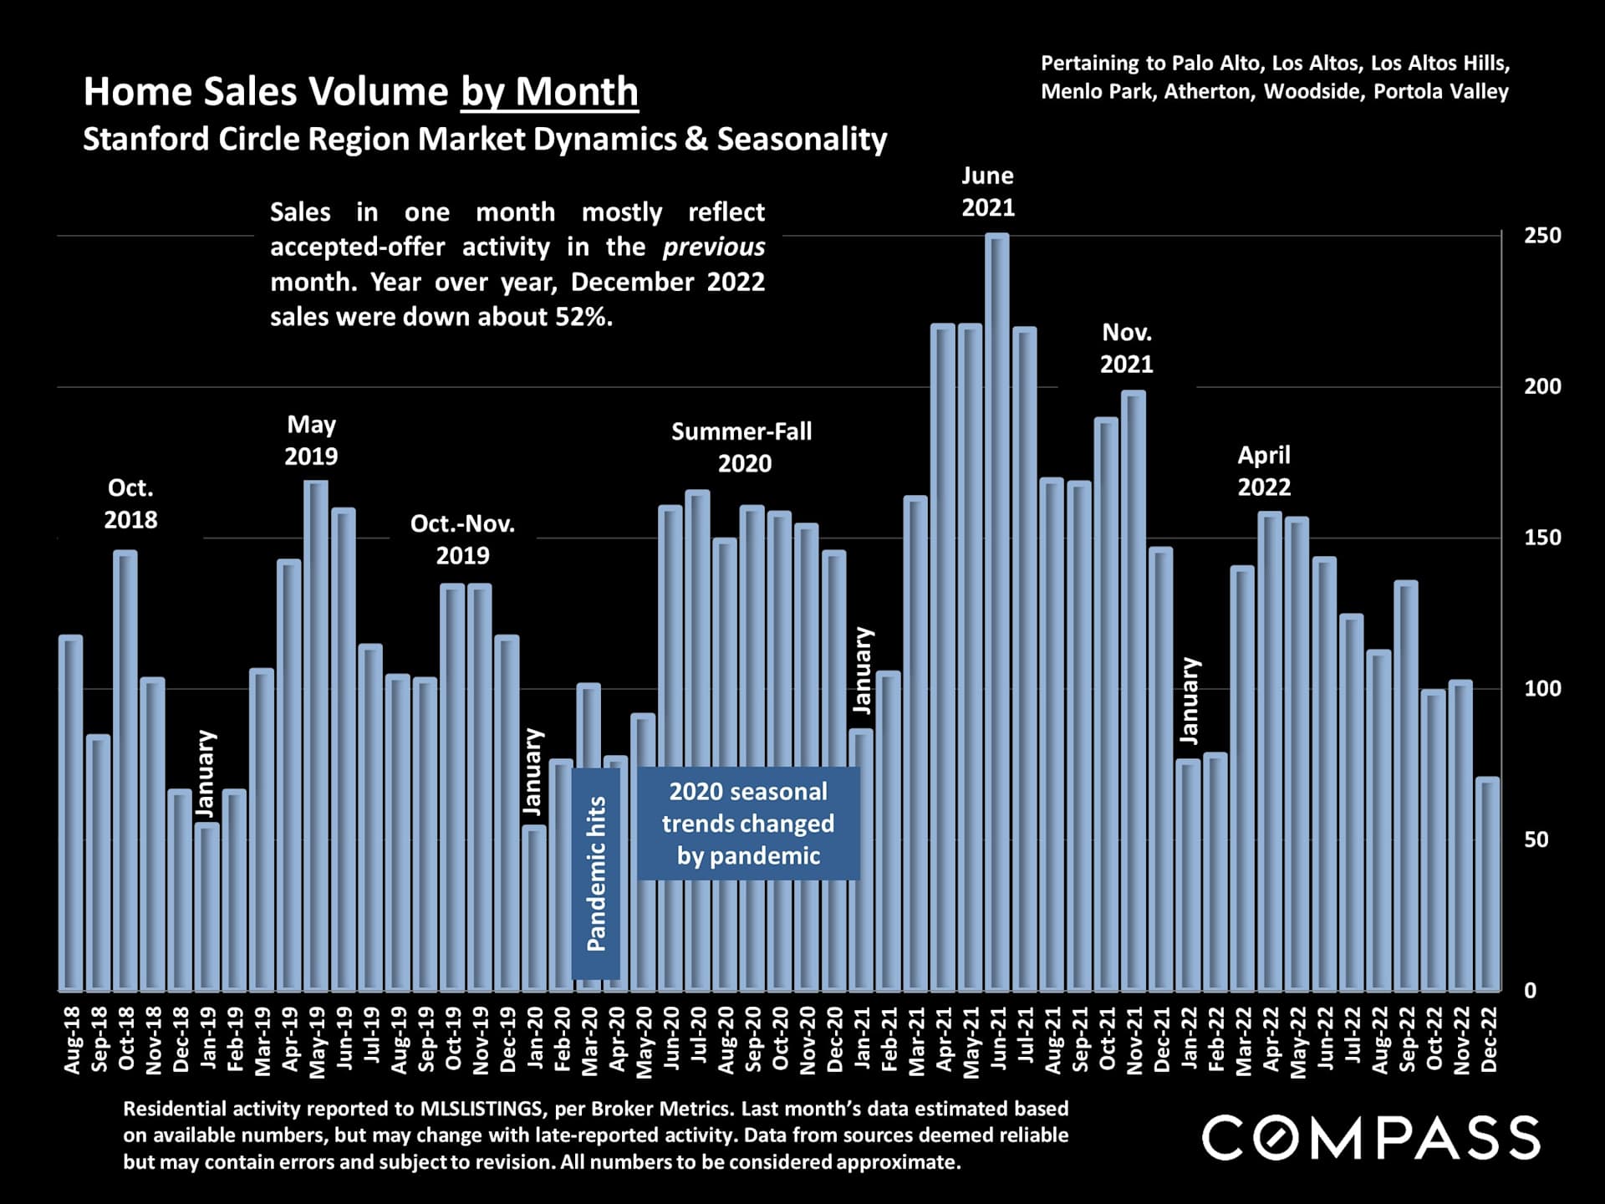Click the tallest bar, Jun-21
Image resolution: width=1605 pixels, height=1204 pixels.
(996, 610)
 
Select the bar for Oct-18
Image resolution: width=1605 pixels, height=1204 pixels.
(125, 769)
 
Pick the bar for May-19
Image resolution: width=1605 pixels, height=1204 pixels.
(316, 736)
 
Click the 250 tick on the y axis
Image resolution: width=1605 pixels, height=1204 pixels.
(1541, 236)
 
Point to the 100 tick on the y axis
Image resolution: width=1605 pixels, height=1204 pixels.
(1541, 689)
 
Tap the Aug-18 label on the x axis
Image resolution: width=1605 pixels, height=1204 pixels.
(73, 1039)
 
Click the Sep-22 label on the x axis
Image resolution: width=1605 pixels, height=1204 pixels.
(1407, 1039)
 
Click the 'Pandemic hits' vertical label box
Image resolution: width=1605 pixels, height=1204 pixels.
(596, 873)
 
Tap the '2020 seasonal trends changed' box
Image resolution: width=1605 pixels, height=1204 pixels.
(748, 824)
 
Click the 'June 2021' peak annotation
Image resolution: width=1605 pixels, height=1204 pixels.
(987, 191)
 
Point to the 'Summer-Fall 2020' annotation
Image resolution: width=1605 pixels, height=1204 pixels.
(742, 447)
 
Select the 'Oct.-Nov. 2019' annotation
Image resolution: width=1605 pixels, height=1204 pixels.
(462, 539)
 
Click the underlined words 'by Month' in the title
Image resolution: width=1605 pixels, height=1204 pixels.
(549, 91)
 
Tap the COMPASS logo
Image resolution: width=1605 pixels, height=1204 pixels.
(1371, 1138)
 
